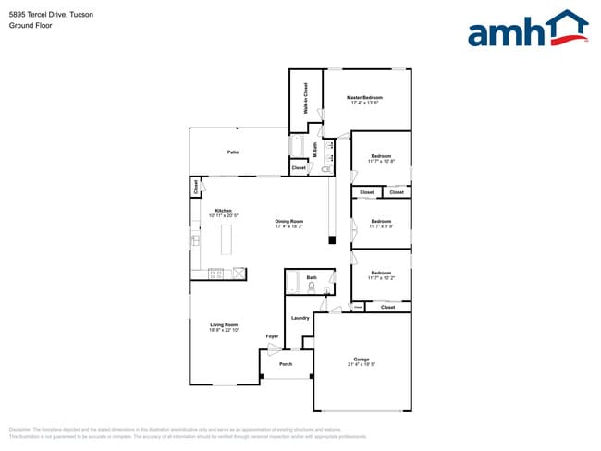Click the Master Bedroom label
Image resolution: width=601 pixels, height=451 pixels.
[364, 97]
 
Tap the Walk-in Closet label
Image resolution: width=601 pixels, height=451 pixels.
[305, 98]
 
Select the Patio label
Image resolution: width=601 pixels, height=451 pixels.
[233, 152]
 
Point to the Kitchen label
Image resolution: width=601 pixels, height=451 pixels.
[224, 211]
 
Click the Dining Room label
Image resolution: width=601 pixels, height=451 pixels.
[289, 221]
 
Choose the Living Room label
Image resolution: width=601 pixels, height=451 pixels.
[224, 324]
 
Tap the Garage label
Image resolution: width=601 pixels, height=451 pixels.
[362, 360]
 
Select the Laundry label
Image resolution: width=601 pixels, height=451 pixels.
[300, 318]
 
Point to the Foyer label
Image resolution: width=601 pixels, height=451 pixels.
[272, 336]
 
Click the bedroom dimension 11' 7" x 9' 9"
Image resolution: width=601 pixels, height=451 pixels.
[382, 226]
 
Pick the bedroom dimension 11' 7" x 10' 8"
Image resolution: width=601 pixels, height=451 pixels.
[382, 162]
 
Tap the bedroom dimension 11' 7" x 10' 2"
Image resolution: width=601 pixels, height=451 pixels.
[382, 278]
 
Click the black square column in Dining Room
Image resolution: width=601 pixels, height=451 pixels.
[332, 241]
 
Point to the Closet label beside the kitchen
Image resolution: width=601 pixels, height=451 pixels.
[195, 188]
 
